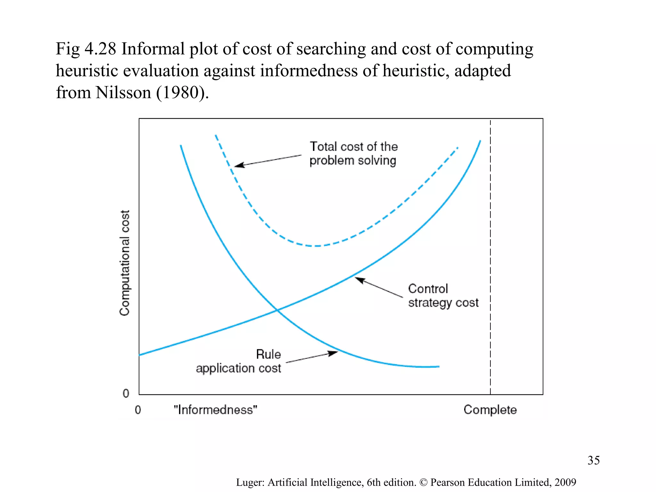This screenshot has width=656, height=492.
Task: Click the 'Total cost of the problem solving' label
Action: (353, 153)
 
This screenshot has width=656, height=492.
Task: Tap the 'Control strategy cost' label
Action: (443, 296)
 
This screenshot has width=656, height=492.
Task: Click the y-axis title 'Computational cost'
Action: (125, 263)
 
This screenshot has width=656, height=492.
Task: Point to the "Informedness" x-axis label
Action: (215, 410)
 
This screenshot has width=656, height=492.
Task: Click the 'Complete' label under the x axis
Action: (490, 410)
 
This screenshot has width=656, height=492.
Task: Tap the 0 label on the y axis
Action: (126, 393)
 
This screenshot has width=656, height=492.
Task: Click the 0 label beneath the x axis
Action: (138, 410)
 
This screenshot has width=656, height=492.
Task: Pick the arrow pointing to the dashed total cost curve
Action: (268, 160)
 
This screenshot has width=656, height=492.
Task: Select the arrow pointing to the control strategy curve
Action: (379, 287)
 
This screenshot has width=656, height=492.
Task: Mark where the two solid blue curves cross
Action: (277, 310)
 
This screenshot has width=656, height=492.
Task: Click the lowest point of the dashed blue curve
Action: (316, 246)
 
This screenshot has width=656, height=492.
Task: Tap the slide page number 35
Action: (593, 460)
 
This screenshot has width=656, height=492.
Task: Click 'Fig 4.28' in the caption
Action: (86, 49)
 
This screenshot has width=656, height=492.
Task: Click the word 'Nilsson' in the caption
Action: (123, 93)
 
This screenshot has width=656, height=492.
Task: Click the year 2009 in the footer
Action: (565, 482)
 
